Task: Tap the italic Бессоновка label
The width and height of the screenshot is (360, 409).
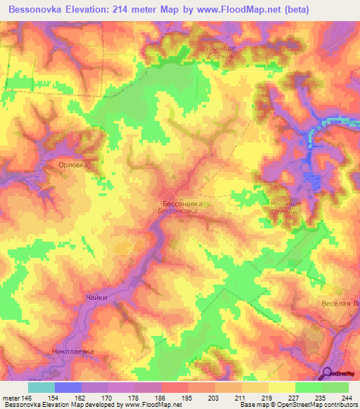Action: (179, 211)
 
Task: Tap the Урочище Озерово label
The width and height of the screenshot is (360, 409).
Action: (285, 206)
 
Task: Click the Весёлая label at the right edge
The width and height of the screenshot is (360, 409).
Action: (340, 303)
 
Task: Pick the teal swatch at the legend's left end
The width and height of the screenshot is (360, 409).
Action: (41, 387)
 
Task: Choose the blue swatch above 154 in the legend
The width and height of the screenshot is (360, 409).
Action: (68, 387)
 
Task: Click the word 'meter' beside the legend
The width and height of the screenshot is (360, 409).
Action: (10, 397)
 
